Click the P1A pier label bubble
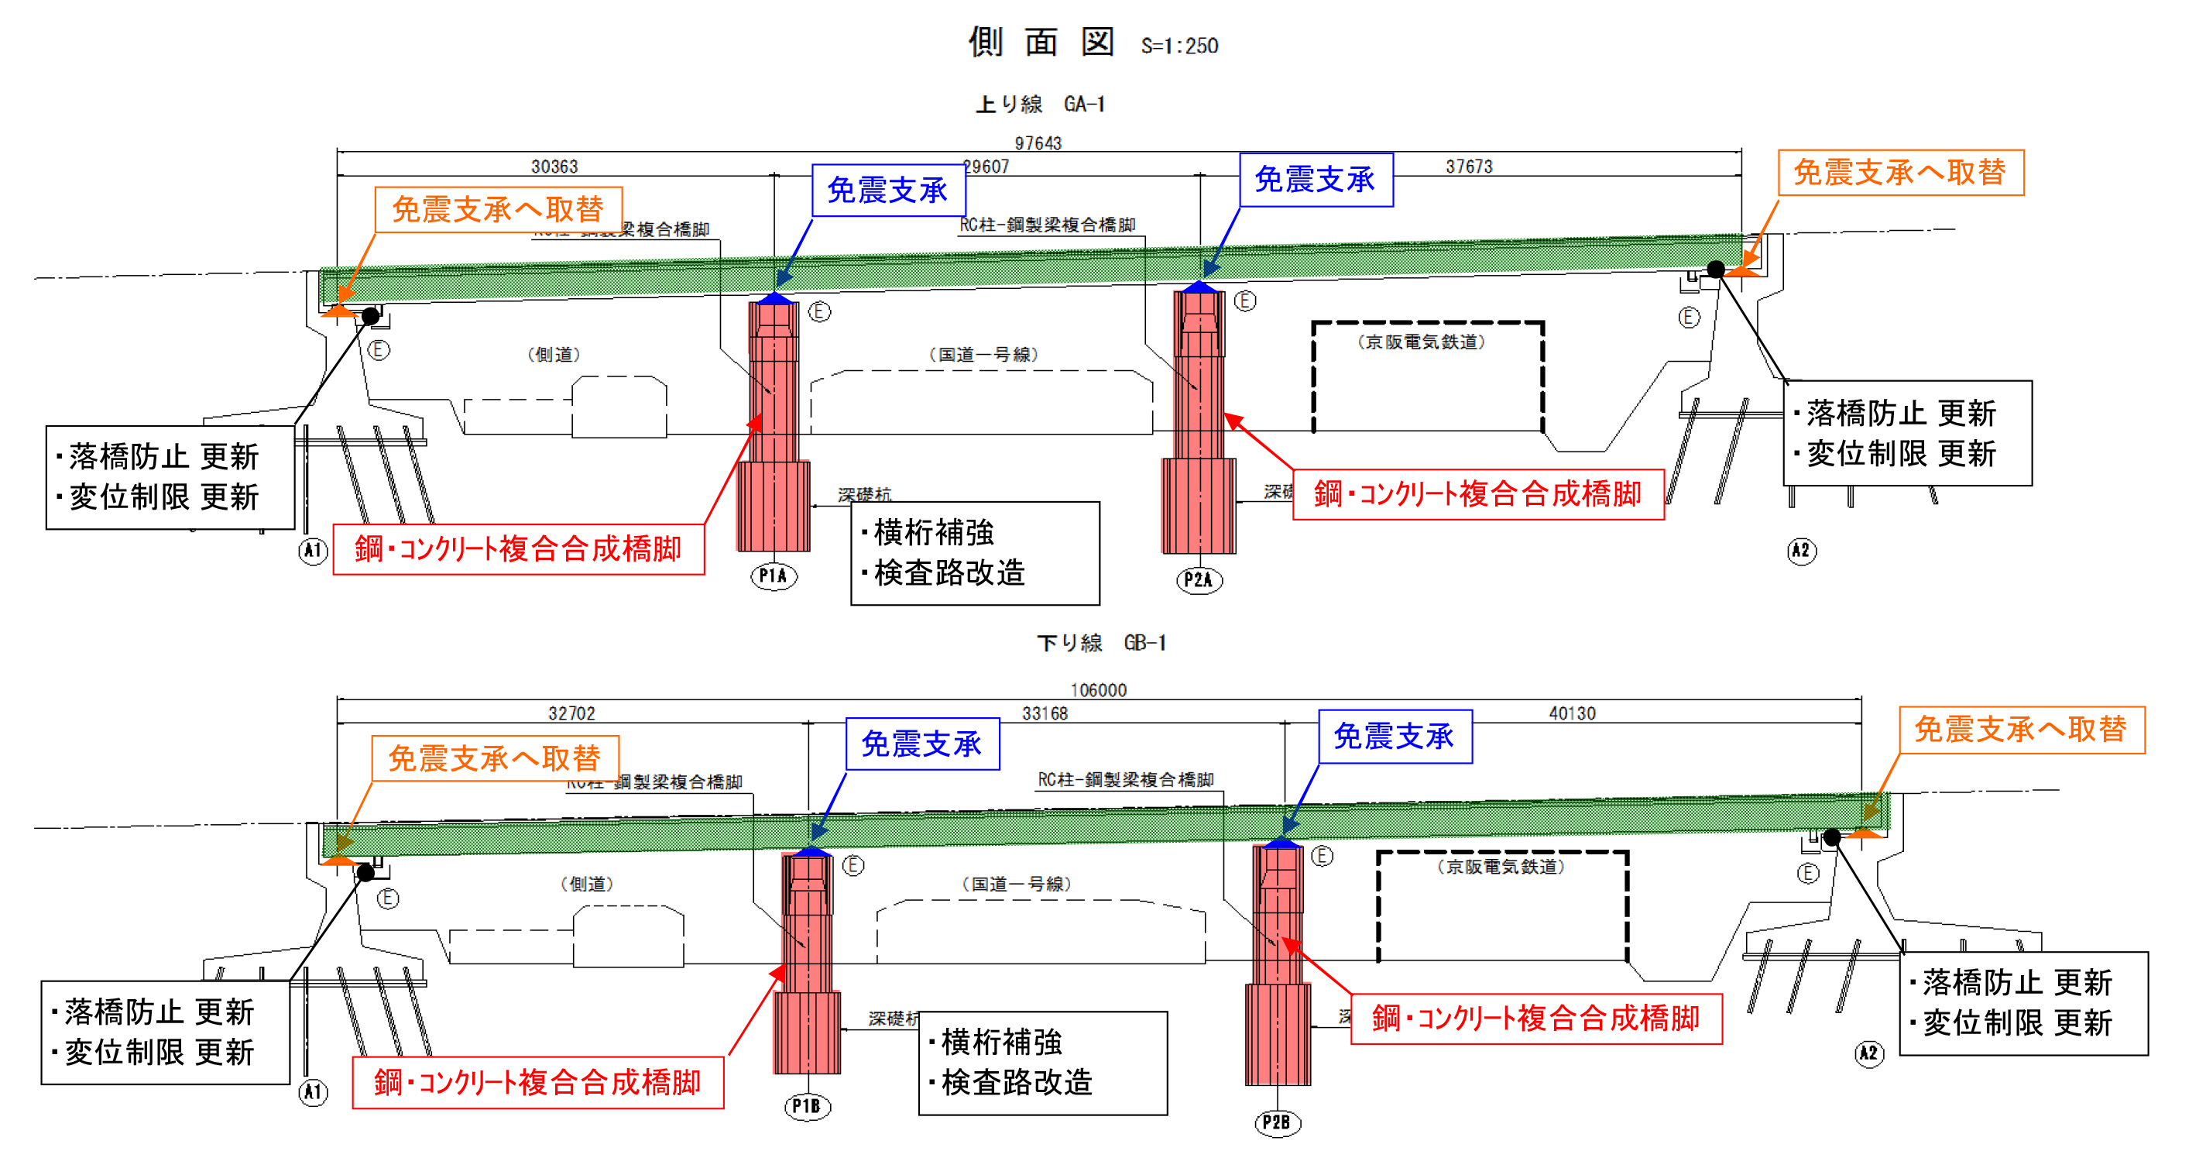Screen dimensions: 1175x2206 (x=774, y=575)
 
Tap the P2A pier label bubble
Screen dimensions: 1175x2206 (x=1199, y=580)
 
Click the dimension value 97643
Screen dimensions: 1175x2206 (x=1038, y=143)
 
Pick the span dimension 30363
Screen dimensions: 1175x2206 (x=554, y=167)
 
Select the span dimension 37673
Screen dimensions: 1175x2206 (x=1469, y=167)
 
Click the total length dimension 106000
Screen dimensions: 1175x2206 (x=1098, y=689)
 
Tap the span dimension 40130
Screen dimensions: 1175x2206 (x=1573, y=713)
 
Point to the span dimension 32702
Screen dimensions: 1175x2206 (x=571, y=713)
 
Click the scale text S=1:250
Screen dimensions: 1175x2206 (x=1179, y=46)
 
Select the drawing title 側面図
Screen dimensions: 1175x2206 (x=1041, y=41)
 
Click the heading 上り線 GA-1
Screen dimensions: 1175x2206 (x=1041, y=105)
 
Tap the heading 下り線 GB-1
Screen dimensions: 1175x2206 (x=1101, y=642)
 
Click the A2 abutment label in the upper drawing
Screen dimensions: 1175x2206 (x=1802, y=550)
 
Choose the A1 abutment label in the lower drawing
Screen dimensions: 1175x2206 (x=314, y=1092)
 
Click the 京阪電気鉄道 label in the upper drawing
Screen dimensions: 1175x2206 (x=1422, y=342)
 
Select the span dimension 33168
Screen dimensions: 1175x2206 (x=1045, y=713)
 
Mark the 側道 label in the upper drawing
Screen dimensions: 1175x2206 (x=554, y=355)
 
